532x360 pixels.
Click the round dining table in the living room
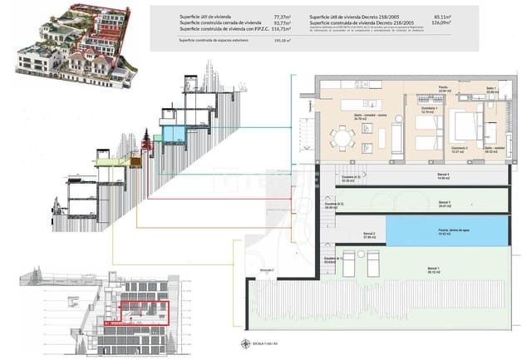(x=339, y=136)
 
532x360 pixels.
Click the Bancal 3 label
(x=445, y=203)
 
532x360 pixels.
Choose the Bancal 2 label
(x=368, y=235)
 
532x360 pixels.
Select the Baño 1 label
(x=491, y=88)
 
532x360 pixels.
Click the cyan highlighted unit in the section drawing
(x=174, y=133)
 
